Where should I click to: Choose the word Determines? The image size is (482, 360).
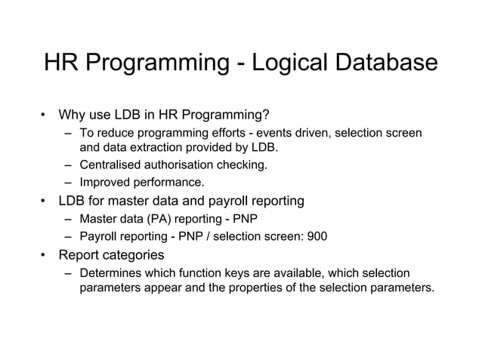(x=113, y=272)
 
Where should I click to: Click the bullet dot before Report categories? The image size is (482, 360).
(x=45, y=255)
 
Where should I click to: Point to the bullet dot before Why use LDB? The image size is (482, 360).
(x=45, y=116)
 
